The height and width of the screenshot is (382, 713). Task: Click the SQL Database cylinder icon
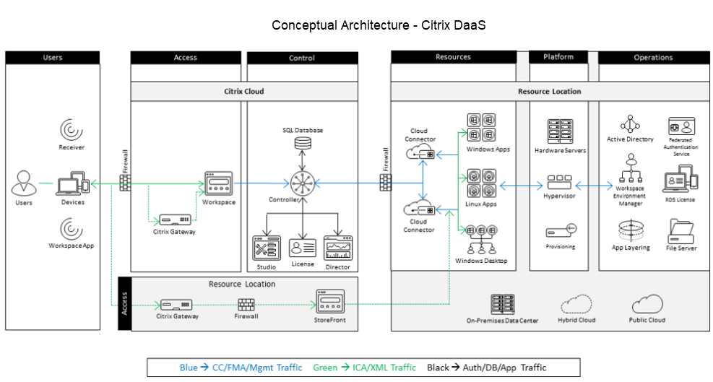click(302, 144)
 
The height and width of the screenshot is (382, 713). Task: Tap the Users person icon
click(23, 184)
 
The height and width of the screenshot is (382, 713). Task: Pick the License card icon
click(301, 248)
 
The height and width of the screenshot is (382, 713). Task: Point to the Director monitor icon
click(338, 248)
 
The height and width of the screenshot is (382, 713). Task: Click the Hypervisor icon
click(560, 181)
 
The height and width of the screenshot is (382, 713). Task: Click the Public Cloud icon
click(647, 303)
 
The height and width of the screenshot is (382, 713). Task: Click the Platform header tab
click(558, 57)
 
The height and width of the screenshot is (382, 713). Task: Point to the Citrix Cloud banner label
click(243, 92)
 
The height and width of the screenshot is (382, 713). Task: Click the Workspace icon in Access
click(218, 183)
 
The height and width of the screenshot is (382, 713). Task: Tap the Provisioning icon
click(560, 232)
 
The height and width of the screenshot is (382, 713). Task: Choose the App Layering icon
click(630, 231)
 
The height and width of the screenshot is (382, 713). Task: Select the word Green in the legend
click(325, 368)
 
